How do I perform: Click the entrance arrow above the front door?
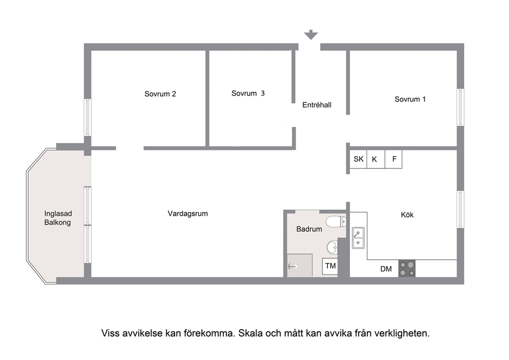click(x=310, y=35)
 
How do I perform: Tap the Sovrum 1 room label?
click(x=410, y=99)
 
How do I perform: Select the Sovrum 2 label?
click(x=160, y=94)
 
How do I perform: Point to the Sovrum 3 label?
click(x=248, y=93)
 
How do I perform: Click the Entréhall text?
click(x=317, y=105)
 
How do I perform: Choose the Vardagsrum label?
click(x=188, y=214)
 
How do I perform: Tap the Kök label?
click(x=407, y=215)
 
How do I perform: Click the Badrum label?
click(x=309, y=229)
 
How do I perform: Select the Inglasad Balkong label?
click(x=58, y=218)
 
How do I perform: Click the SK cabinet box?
click(x=358, y=159)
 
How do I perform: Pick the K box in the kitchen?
click(x=376, y=159)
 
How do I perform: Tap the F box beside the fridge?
click(x=394, y=159)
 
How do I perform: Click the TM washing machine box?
click(x=330, y=267)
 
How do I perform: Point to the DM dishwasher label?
click(x=386, y=269)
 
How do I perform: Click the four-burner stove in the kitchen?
click(x=407, y=269)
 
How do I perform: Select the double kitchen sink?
click(x=358, y=238)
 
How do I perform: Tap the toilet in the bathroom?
click(x=336, y=222)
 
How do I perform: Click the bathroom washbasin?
click(x=332, y=248)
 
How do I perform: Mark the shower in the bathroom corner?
click(x=300, y=266)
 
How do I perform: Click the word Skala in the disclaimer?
click(x=250, y=333)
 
